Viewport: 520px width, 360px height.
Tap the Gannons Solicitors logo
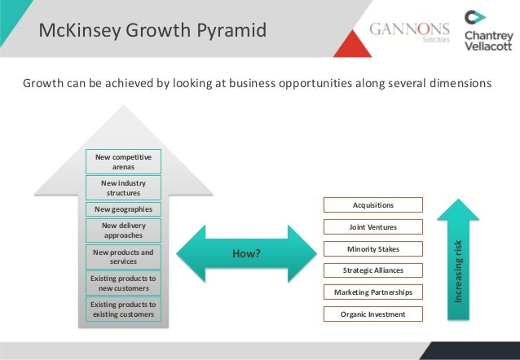409,32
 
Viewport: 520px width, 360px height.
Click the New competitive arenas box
124,161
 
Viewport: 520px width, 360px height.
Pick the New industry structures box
124,188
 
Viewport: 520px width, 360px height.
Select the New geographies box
124,209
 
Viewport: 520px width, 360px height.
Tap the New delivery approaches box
124,230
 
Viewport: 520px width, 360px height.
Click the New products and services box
124,257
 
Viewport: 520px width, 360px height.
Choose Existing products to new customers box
124,283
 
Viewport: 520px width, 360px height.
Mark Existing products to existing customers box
124,310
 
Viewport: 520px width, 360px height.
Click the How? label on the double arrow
246,254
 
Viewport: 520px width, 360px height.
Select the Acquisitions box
373,205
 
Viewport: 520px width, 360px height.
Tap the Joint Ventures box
373,227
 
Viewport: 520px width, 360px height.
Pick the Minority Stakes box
373,248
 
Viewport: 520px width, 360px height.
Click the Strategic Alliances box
373,270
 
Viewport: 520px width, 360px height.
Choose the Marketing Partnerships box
373,292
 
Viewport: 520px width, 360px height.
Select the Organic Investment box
373,313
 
